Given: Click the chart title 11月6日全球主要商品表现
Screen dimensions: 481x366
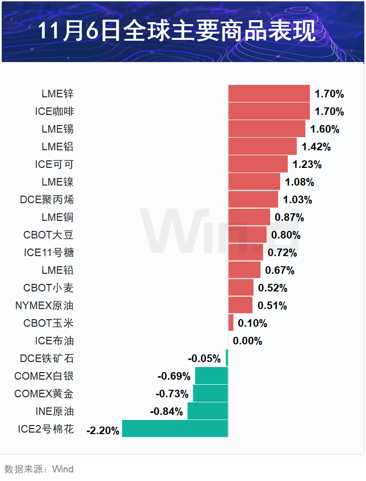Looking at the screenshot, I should pos(177,31).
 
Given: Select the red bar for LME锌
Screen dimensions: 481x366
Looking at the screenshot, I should pos(269,94).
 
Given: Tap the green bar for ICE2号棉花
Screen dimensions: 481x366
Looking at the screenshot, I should pos(175,429).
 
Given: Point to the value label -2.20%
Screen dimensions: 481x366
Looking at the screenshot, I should pos(103,431).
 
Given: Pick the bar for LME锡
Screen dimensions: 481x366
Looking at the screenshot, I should pos(267,129).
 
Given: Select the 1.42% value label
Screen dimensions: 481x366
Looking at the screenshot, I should pos(316,147).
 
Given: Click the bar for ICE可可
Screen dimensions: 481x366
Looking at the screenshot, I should pos(257,164).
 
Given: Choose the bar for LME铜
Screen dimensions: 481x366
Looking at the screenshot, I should pos(249,217).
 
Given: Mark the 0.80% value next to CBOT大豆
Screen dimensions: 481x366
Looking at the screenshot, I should pos(286,235).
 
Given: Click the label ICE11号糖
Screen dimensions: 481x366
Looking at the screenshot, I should pos(49,253).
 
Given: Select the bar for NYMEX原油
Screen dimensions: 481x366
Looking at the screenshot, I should pos(240,306).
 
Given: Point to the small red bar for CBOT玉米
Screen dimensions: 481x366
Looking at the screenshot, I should pos(231,323).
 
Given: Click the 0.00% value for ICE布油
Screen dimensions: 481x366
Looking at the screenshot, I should pos(247,341).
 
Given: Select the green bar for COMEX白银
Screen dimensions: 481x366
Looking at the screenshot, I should pos(212,376).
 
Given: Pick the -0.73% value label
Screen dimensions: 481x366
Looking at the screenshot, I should pos(172,394).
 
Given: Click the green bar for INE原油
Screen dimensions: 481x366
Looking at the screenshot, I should pos(207,411).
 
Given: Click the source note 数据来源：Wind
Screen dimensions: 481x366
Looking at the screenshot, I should pos(39,469).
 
